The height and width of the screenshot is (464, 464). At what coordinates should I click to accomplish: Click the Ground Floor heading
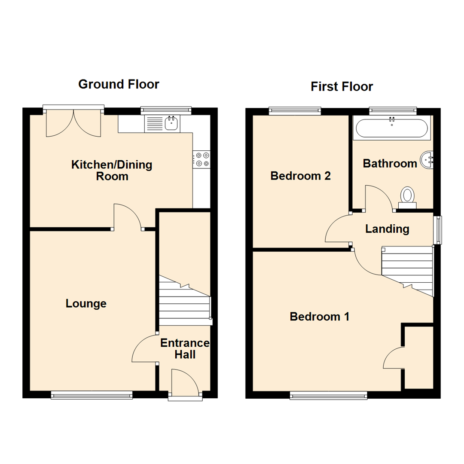pyautogui.click(x=119, y=84)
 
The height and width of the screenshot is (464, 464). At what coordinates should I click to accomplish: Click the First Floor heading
pyautogui.click(x=342, y=87)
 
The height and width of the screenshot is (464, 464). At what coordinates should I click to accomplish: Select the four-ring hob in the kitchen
pyautogui.click(x=201, y=159)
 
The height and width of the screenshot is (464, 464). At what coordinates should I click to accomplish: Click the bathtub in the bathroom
pyautogui.click(x=391, y=128)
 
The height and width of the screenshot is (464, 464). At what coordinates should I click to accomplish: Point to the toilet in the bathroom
pyautogui.click(x=407, y=197)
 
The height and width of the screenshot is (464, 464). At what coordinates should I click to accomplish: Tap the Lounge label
pyautogui.click(x=86, y=304)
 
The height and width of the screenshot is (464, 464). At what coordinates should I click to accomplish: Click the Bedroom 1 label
pyautogui.click(x=319, y=317)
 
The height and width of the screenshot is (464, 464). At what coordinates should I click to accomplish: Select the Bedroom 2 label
pyautogui.click(x=300, y=176)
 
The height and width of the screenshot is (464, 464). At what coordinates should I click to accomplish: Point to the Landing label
pyautogui.click(x=387, y=229)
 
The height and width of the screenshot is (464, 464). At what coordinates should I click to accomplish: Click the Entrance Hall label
pyautogui.click(x=185, y=349)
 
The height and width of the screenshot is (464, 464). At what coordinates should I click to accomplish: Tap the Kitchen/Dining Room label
pyautogui.click(x=112, y=170)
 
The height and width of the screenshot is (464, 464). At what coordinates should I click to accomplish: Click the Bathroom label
pyautogui.click(x=390, y=163)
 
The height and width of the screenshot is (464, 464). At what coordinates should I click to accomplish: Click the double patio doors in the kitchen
pyautogui.click(x=74, y=122)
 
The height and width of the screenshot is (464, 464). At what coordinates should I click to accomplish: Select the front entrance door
pyautogui.click(x=185, y=384)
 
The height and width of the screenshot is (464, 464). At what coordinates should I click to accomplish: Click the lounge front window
pyautogui.click(x=92, y=395)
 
